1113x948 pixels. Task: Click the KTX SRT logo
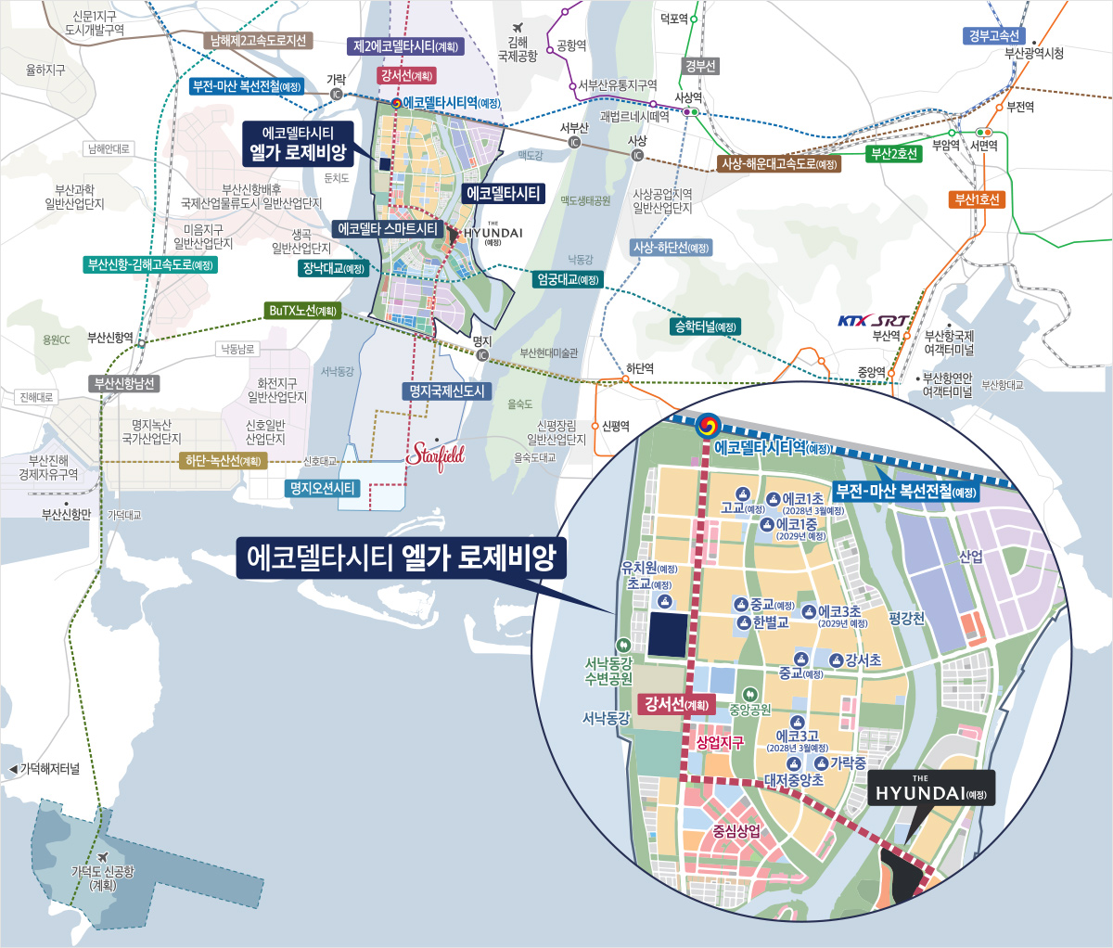coord(873,321)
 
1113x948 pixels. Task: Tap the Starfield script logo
coord(436,455)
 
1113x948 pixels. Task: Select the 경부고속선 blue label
coord(993,36)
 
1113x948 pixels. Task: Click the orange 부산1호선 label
coord(978,199)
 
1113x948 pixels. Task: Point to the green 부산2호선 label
coord(894,154)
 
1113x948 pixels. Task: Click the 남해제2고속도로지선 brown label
coord(258,41)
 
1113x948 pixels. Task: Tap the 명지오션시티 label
coord(323,488)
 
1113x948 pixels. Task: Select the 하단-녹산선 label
coord(224,460)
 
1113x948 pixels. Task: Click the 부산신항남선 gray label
coord(124,383)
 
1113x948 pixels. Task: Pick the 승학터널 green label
coord(706,327)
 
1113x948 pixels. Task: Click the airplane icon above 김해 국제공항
coord(518,27)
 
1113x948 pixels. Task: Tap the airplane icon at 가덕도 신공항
coord(102,855)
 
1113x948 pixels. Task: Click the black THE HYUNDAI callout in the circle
coord(931,788)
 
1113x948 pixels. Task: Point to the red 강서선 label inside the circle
coord(677,704)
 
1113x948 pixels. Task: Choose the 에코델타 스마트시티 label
coord(388,228)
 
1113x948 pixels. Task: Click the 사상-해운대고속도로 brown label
coord(779,164)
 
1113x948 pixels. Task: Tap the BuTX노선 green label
coord(302,311)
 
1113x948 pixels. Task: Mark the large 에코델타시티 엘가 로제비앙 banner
coord(401,557)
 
